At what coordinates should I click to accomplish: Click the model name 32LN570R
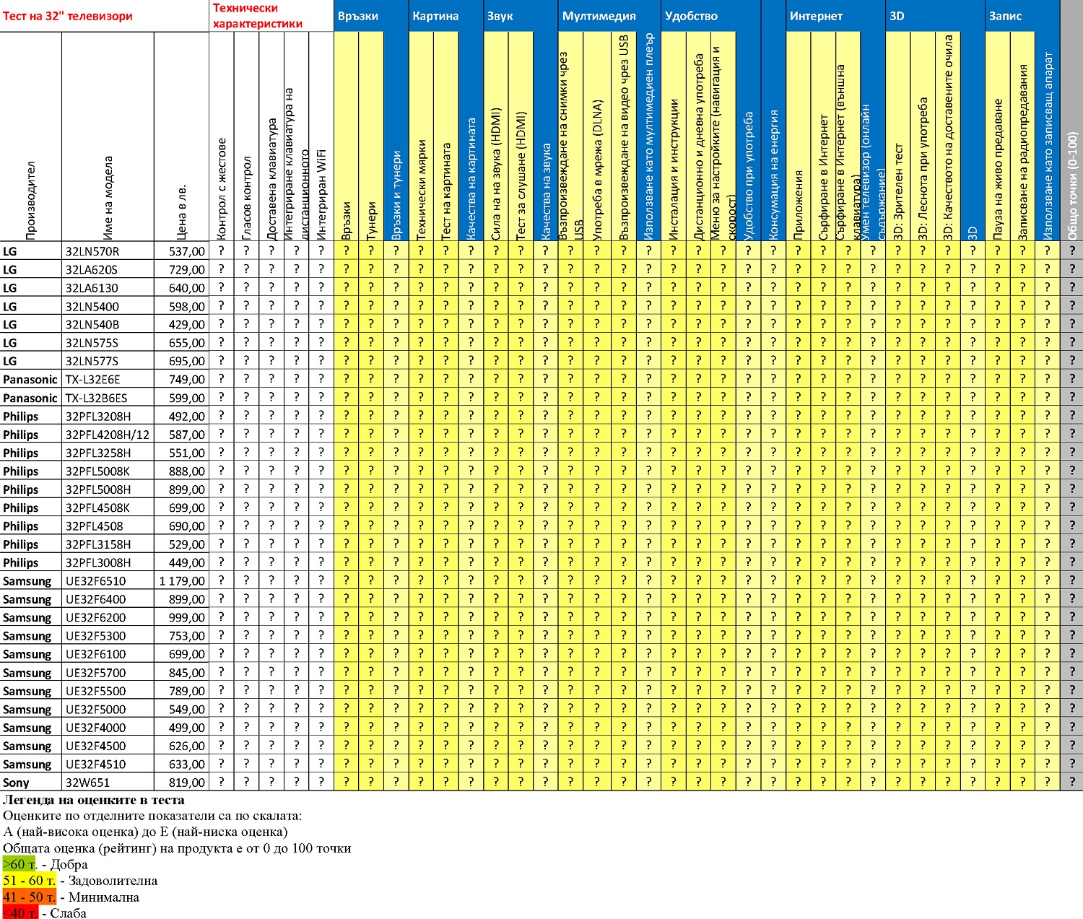(x=92, y=251)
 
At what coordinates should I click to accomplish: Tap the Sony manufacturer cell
(x=16, y=783)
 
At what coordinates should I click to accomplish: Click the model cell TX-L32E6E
(x=93, y=380)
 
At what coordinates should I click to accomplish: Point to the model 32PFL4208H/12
(x=107, y=435)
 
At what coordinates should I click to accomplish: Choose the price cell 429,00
(x=187, y=325)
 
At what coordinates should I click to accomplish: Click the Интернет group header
(x=816, y=16)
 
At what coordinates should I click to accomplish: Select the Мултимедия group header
(x=599, y=16)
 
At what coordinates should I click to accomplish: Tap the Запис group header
(x=1005, y=16)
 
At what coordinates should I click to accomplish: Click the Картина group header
(x=435, y=16)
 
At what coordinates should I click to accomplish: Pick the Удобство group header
(x=691, y=16)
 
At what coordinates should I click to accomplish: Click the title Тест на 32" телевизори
(x=68, y=16)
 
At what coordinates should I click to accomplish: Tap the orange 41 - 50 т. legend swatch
(x=30, y=897)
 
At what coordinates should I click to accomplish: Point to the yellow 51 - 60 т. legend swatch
(x=30, y=881)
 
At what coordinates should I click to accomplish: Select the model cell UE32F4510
(x=95, y=765)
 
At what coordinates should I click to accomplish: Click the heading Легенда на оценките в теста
(x=94, y=800)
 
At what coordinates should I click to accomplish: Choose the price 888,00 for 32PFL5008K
(x=187, y=471)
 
